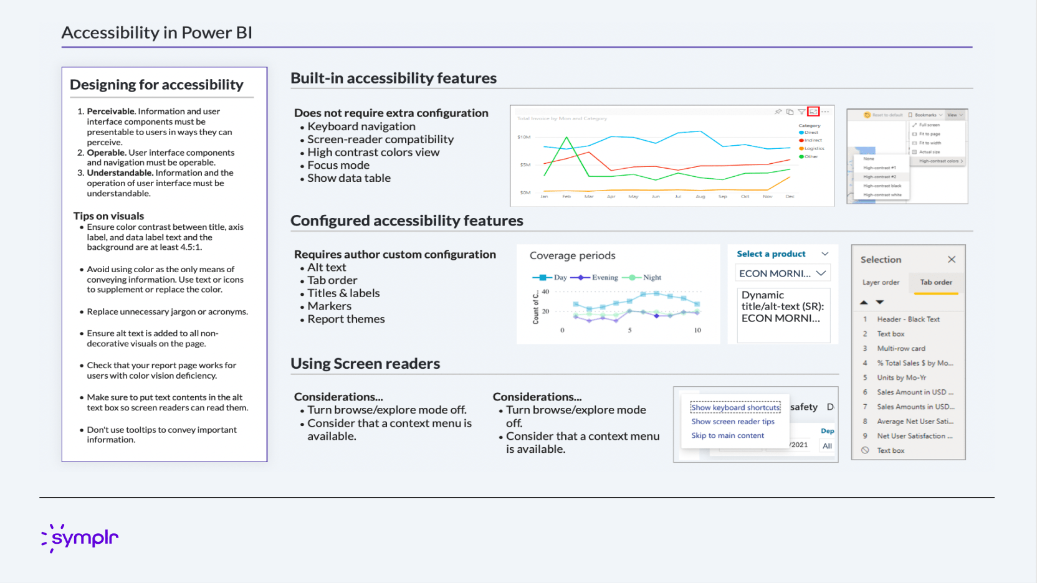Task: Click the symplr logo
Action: [x=80, y=538]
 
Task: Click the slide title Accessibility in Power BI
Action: [x=156, y=32]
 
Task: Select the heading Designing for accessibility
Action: [x=156, y=85]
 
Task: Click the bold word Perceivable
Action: [x=111, y=111]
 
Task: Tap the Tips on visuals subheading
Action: [x=108, y=216]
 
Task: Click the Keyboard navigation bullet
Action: [x=361, y=126]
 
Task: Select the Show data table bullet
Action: [x=348, y=178]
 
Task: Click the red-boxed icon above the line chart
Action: [x=813, y=111]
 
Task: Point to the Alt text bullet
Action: [x=326, y=267]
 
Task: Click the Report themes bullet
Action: [x=346, y=319]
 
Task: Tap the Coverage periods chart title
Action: [x=572, y=255]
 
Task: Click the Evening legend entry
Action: [x=604, y=277]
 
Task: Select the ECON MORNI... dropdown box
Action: [x=783, y=273]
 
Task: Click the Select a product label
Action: [x=771, y=254]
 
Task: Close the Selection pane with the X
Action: [x=952, y=260]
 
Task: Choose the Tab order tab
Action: [x=936, y=282]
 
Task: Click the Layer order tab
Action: [x=881, y=282]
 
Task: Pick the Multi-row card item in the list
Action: [x=901, y=348]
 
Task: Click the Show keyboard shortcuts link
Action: [x=735, y=407]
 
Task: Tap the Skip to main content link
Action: [x=727, y=435]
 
